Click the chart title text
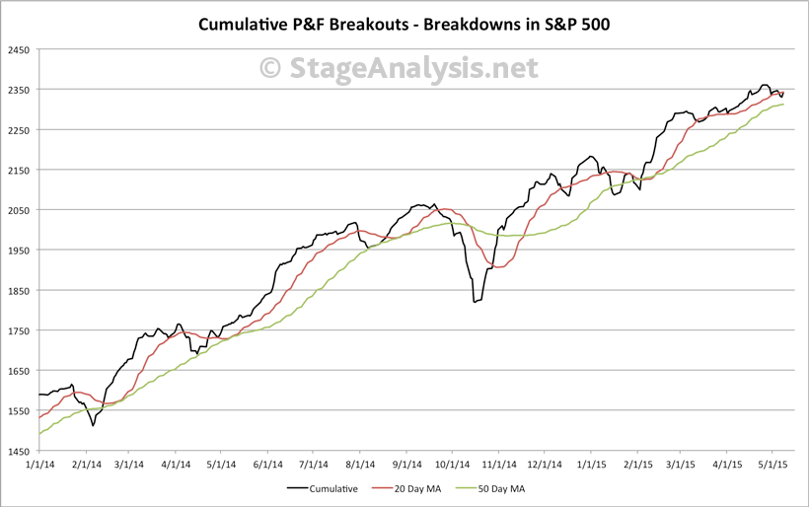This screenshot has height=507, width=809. click(404, 23)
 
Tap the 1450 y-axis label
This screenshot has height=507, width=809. click(18, 451)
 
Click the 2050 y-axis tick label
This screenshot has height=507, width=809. click(18, 210)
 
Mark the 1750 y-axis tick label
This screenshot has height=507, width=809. click(18, 330)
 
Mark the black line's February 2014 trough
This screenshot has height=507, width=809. click(93, 425)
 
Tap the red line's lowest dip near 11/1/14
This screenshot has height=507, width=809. click(496, 267)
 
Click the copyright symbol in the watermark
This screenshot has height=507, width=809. click(270, 68)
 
